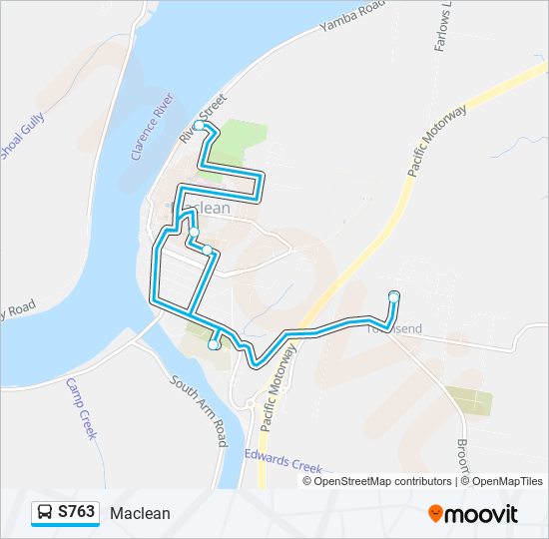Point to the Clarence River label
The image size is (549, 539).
click(153, 130)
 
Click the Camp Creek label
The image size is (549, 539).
click(82, 408)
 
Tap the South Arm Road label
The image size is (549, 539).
click(201, 410)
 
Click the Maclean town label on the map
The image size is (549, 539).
click(203, 209)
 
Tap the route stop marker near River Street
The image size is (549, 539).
click(200, 127)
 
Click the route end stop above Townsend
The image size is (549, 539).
click(394, 295)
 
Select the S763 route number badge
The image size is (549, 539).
click(77, 513)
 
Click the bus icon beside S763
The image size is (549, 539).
click(45, 513)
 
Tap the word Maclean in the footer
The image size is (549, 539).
click(141, 513)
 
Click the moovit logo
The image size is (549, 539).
click(473, 514)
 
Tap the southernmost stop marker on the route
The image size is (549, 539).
click(214, 345)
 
